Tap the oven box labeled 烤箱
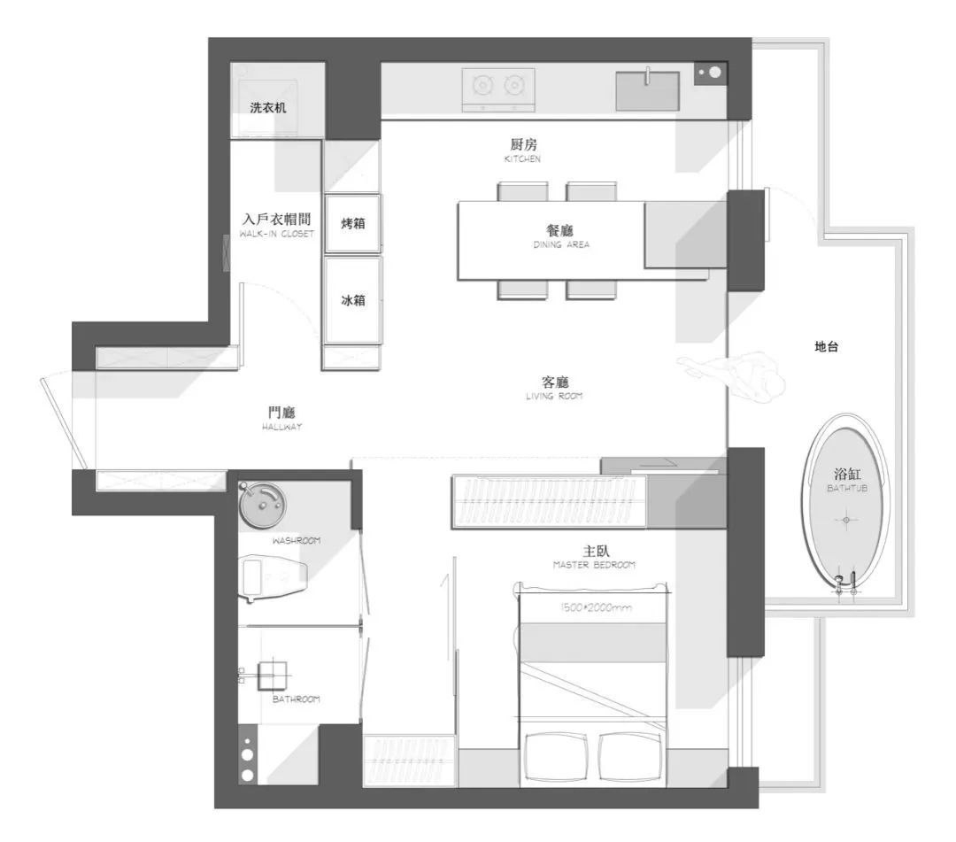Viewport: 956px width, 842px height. (353, 223)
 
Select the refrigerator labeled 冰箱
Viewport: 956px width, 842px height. (353, 300)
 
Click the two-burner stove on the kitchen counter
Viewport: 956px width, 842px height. (498, 87)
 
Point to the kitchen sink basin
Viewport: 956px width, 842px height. (647, 91)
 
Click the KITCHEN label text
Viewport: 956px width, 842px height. (522, 159)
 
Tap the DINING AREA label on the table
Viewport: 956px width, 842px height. (561, 244)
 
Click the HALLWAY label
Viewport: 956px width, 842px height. (282, 427)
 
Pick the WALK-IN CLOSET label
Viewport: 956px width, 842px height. (276, 235)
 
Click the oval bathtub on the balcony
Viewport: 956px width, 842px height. (845, 503)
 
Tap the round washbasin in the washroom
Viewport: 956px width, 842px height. (263, 505)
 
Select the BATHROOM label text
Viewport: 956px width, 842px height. (297, 699)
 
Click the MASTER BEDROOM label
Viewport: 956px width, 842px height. (594, 565)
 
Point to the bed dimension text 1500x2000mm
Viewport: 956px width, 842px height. (602, 608)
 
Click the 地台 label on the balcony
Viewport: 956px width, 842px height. (826, 348)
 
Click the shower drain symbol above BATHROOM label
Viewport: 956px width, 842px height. (273, 676)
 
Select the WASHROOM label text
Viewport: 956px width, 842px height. (297, 540)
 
